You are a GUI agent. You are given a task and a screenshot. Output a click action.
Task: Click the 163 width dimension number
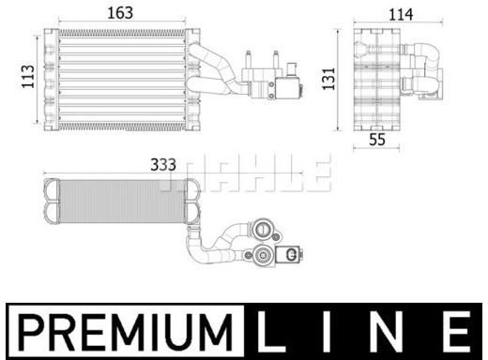pos(120,13)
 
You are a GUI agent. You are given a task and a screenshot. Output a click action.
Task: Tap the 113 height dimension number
pos(28,77)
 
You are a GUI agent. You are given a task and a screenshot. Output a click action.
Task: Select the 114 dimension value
pos(401,15)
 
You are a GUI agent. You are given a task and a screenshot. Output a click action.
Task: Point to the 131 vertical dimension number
pos(329,79)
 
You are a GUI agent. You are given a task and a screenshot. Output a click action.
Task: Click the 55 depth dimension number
pos(377,140)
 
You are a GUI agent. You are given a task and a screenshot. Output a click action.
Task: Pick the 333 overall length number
pos(163,165)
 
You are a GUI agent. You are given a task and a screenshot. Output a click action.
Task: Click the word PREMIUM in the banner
pos(125,332)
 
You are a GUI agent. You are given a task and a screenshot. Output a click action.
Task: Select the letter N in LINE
pos(386,332)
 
